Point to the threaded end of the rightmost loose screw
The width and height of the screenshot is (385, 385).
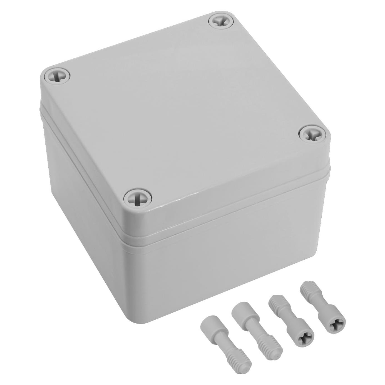pos(307,290)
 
